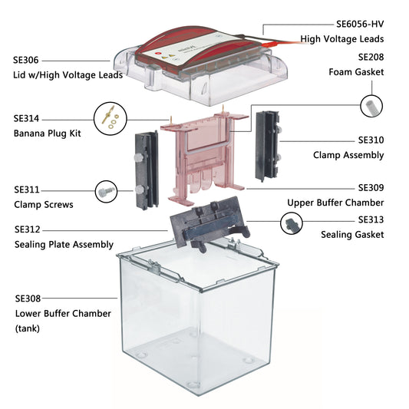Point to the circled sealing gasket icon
(x=292, y=225)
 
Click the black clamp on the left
(x=147, y=169)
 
